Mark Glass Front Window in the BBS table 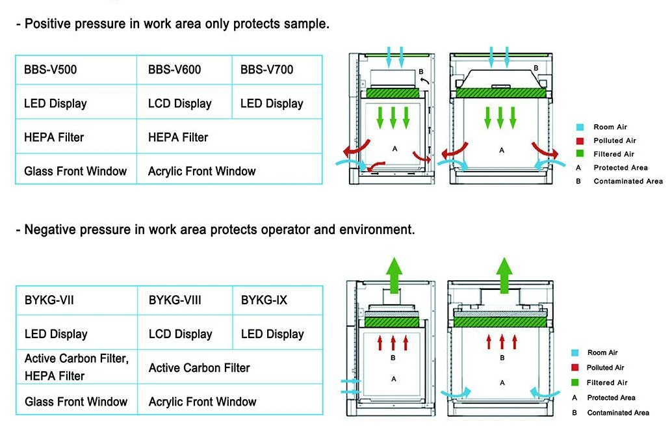[x=75, y=171]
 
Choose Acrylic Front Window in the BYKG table [x=203, y=402]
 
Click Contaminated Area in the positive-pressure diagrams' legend [x=628, y=181]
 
